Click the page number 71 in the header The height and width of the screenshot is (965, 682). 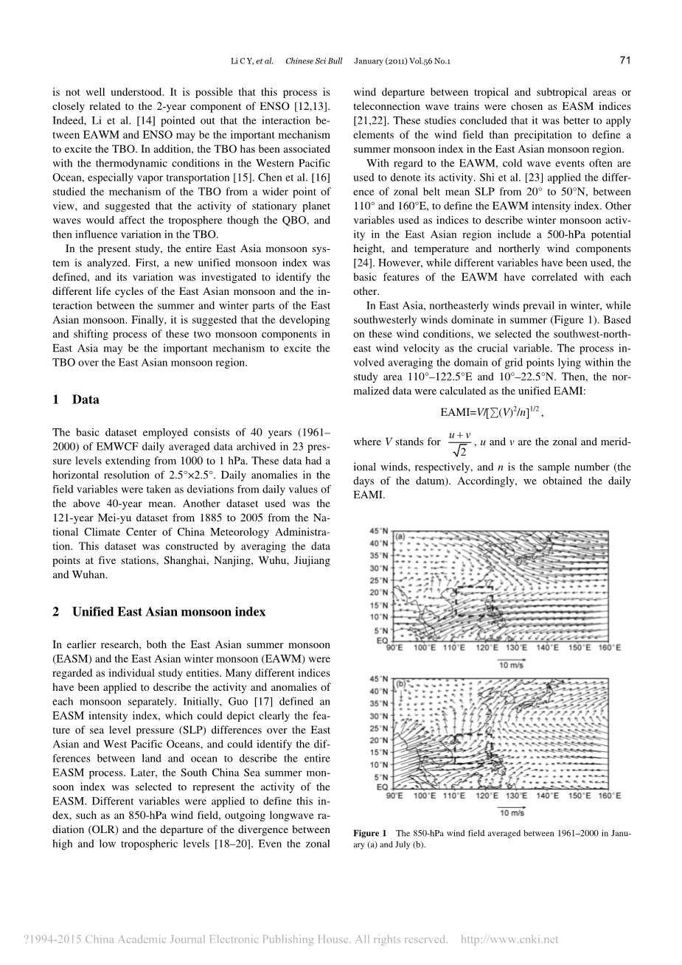(625, 60)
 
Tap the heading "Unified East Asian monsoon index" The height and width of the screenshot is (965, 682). (168, 612)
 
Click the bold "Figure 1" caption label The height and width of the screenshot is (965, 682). (370, 833)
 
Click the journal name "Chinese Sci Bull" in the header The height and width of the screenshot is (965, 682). (309, 60)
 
